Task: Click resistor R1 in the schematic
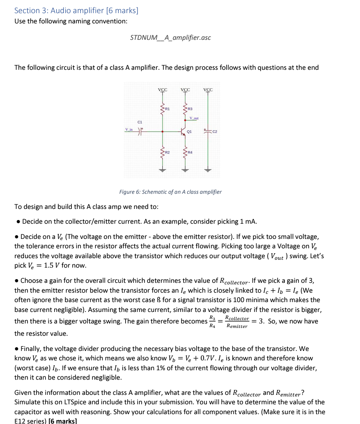point(163,109)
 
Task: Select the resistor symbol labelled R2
point(163,154)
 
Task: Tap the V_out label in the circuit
point(194,119)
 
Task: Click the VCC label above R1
point(163,89)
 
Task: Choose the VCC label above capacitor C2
point(208,89)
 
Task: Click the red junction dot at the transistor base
point(163,132)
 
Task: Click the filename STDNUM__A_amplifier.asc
point(170,38)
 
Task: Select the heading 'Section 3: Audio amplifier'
point(76,10)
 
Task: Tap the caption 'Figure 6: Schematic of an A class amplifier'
point(170,192)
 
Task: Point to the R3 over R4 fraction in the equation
point(211,321)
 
